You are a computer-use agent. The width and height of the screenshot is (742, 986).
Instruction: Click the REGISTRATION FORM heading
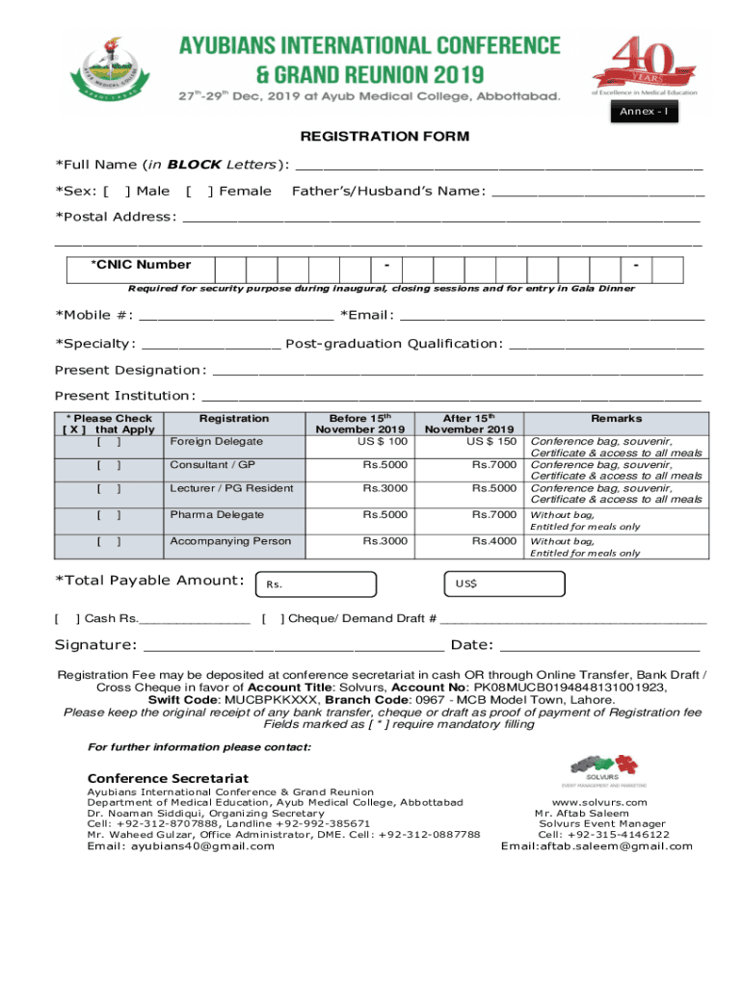point(384,137)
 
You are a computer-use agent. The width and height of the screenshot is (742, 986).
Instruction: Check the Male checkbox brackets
point(117,192)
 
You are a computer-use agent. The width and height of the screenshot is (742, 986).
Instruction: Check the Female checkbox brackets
point(199,192)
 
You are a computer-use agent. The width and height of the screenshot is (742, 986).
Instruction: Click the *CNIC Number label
point(141,265)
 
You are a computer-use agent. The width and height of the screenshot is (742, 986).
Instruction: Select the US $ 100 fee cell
point(383,442)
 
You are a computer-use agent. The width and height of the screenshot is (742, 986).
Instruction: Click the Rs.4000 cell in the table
point(494,541)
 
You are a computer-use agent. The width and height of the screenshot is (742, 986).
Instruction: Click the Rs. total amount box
point(313,584)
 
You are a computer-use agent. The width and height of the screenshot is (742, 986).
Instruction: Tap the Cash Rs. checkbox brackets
point(66,618)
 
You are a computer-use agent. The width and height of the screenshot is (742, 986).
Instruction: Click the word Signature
point(94,645)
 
